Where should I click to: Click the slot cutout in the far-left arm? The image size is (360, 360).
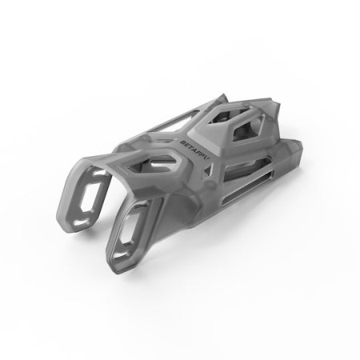tap(94, 195)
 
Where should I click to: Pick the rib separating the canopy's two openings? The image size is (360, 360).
tap(240, 120)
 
